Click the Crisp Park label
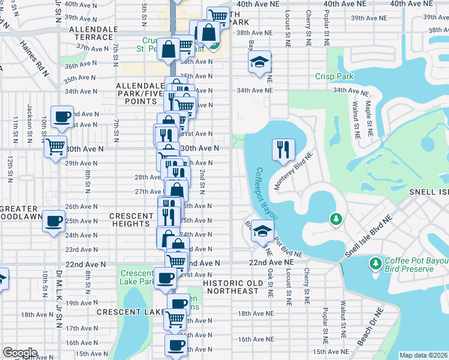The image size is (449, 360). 334,77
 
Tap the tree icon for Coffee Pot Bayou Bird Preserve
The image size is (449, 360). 376,263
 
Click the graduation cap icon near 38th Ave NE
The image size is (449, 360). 259,62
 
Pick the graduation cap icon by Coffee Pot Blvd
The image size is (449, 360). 262,232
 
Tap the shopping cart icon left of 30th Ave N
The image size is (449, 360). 55,145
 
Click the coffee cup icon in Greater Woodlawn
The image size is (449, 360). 53,220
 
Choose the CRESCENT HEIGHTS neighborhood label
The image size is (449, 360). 131,220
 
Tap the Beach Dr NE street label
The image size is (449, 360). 369,326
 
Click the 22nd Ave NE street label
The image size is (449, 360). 273,263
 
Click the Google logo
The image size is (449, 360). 20,352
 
